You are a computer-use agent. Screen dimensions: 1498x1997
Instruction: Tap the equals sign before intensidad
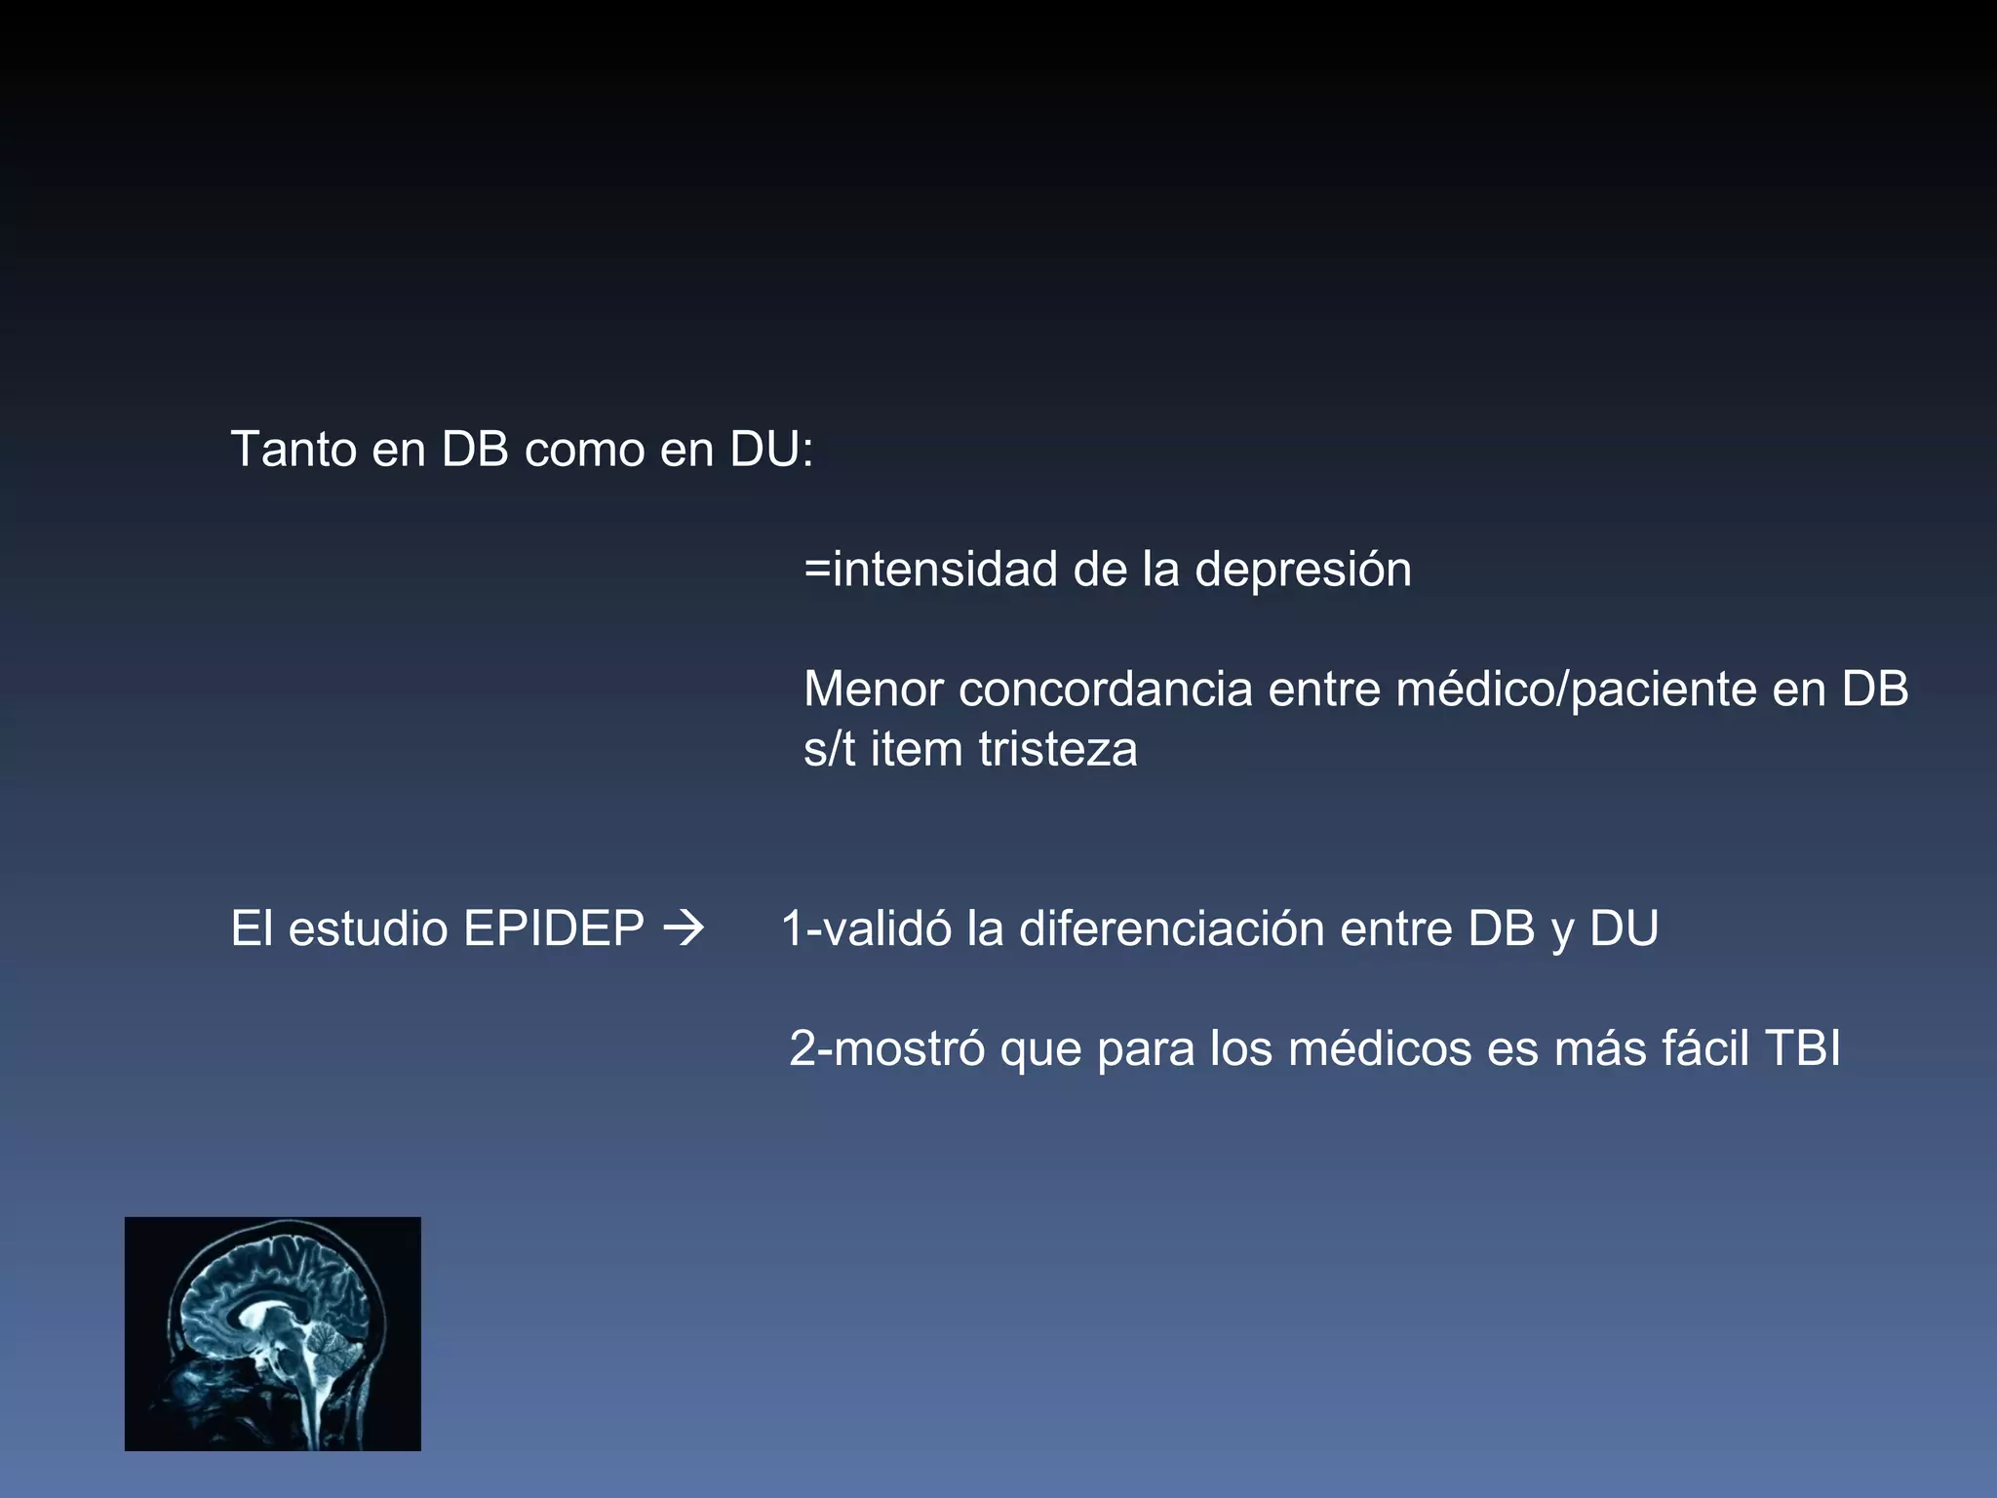[x=817, y=570]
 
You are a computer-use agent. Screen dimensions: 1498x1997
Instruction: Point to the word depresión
[x=1303, y=570]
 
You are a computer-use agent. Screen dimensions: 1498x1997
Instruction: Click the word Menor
[x=873, y=690]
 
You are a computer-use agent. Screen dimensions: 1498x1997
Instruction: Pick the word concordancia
[x=1105, y=690]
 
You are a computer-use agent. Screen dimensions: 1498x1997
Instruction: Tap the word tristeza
[x=1058, y=749]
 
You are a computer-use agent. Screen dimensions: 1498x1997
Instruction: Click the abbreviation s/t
[x=829, y=749]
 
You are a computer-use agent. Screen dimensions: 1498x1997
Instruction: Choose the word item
[x=916, y=749]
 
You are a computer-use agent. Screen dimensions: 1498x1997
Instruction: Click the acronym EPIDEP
[x=554, y=928]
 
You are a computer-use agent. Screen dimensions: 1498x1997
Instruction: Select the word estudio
[x=369, y=928]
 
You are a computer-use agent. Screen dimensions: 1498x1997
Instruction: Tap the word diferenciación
[x=1171, y=928]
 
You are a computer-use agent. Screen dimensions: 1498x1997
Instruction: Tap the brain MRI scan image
[x=273, y=1333]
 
